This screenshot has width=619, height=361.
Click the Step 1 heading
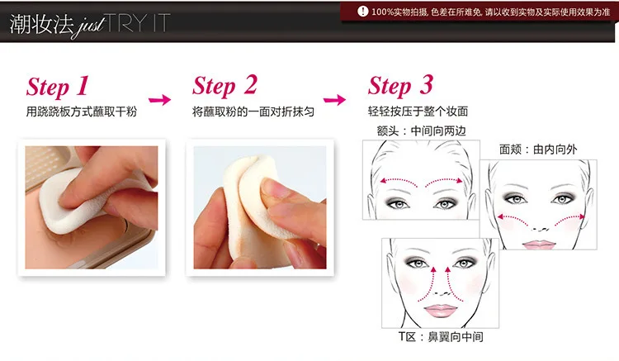(58, 87)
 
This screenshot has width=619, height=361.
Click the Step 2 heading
(224, 86)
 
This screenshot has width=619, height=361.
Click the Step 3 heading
(400, 86)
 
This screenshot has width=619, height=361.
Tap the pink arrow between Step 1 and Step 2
(160, 99)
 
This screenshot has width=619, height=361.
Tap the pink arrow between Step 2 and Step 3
(334, 99)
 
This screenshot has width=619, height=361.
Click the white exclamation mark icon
(362, 11)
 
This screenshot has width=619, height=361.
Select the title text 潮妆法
(41, 24)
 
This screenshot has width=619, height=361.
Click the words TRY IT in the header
(138, 23)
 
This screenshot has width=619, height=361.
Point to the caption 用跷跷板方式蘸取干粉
(82, 112)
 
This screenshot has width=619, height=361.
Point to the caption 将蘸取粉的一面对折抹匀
(253, 112)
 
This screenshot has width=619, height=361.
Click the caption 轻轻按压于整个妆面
(418, 111)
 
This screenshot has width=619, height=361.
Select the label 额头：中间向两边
(421, 131)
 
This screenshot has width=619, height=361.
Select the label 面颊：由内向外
(538, 150)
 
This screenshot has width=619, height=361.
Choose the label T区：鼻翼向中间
(441, 337)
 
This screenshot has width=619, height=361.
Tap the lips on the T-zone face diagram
(440, 310)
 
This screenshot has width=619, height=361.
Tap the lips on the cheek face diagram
(539, 245)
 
